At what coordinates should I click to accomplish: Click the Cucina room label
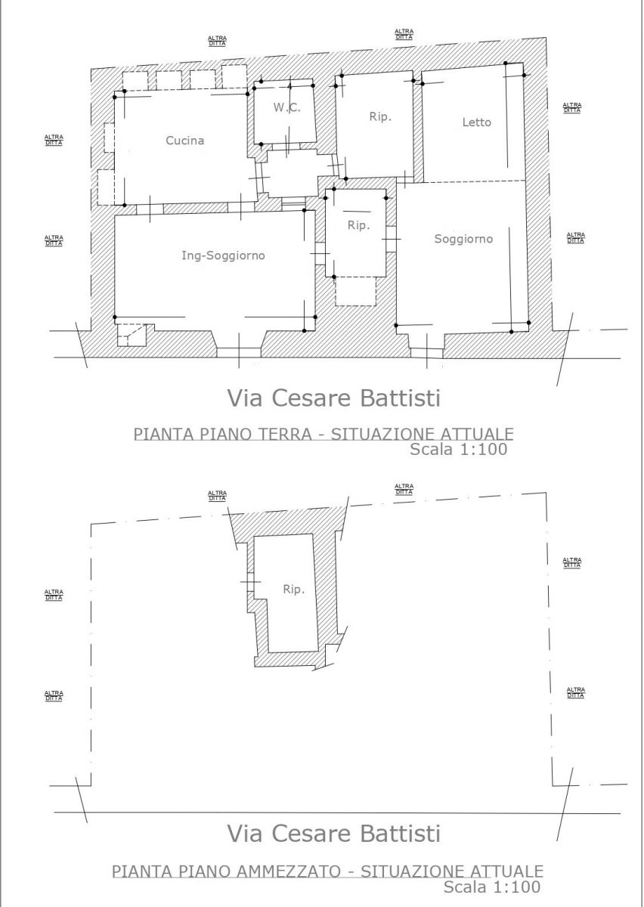[184, 141]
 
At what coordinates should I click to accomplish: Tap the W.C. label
[286, 107]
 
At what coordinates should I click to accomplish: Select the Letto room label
[477, 122]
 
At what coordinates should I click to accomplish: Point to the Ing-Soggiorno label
[223, 255]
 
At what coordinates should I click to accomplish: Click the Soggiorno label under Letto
[463, 239]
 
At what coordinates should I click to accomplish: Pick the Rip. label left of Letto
[380, 117]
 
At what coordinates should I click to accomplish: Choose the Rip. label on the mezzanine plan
[293, 590]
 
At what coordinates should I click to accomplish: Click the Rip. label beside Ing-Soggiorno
[359, 225]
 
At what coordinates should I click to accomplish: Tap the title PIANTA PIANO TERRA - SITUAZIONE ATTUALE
[324, 434]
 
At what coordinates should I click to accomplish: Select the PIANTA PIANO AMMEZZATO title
[327, 871]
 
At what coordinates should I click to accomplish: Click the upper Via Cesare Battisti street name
[334, 398]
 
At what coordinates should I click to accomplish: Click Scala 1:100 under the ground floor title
[459, 449]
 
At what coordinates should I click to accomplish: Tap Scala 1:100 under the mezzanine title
[492, 886]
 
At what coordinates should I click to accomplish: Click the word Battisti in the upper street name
[400, 398]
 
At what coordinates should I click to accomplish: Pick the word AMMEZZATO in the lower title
[289, 871]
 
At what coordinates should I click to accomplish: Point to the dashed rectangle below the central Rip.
[355, 291]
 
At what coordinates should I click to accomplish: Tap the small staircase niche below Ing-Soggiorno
[132, 335]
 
